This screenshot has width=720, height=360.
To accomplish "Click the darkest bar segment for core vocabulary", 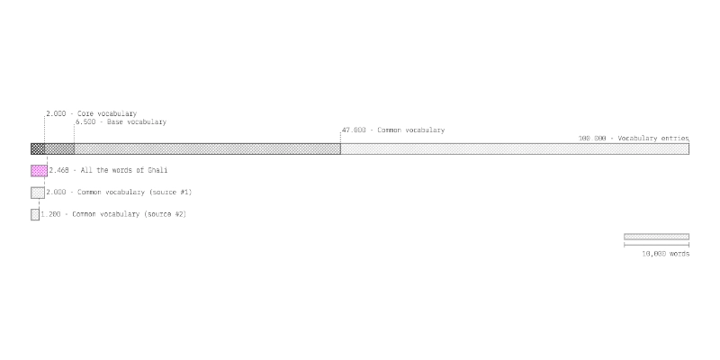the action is [38, 148].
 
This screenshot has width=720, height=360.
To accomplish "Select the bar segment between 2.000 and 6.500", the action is [59, 148].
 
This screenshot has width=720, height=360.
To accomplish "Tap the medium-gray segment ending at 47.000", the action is [207, 148].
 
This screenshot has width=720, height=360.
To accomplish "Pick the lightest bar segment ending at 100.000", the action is [515, 148].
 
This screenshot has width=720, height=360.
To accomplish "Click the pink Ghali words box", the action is [39, 171].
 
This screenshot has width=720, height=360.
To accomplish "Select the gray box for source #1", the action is [38, 193].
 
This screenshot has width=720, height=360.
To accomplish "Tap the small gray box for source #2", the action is [35, 214].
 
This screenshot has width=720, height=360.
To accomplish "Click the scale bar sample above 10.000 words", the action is [656, 237].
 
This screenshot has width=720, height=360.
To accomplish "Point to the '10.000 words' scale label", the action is [665, 254].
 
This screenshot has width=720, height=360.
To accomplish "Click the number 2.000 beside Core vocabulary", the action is [56, 113].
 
